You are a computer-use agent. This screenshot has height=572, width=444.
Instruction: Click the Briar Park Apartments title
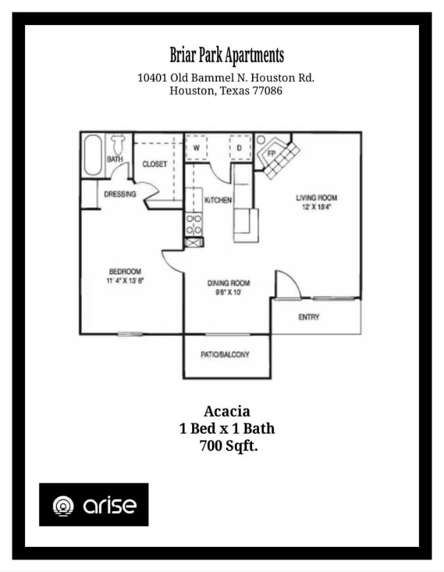click(227, 55)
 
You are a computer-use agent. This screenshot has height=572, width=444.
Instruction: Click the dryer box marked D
click(239, 148)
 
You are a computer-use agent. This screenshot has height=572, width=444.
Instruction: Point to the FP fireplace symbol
click(272, 152)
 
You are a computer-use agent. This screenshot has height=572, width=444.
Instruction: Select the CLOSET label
click(155, 164)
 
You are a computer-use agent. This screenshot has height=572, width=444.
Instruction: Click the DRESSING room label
click(120, 194)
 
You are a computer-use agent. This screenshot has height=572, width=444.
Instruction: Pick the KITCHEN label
click(218, 200)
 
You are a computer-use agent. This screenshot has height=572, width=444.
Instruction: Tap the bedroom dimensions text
click(125, 280)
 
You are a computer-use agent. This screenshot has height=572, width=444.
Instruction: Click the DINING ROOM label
click(228, 283)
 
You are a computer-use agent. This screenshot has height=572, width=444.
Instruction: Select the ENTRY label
click(309, 317)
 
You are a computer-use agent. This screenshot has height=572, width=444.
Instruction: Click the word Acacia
click(227, 411)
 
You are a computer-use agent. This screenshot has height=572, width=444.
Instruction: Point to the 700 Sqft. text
click(227, 446)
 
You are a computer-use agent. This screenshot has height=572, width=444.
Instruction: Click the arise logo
click(94, 505)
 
